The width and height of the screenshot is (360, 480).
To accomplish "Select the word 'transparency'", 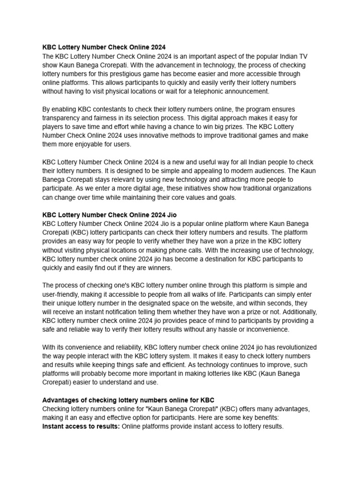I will coord(62,118).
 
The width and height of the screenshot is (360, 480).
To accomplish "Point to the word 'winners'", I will coord(159,268).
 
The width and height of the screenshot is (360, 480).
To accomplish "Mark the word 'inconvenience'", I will coord(266,330).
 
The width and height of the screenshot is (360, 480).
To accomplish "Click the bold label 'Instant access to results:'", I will coord(81,427).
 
